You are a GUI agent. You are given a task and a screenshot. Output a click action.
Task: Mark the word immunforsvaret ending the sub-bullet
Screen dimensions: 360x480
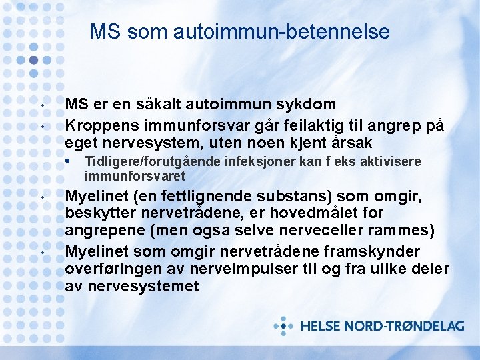[135, 177]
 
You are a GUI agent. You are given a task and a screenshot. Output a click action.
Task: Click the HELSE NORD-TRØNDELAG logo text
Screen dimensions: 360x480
[382, 327]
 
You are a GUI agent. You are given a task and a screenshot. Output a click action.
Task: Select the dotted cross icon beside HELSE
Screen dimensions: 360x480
[284, 326]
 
